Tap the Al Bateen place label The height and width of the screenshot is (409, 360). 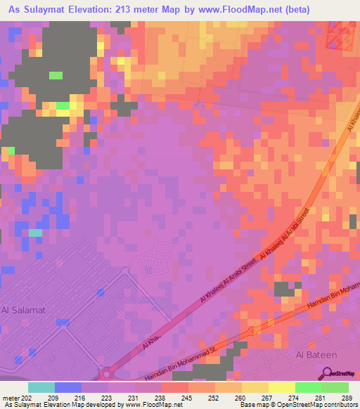[316, 355]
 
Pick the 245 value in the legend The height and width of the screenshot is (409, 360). [187, 397]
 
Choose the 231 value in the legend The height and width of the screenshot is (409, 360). [135, 397]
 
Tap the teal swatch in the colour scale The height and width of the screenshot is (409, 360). [41, 387]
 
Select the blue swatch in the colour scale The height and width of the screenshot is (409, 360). [67, 387]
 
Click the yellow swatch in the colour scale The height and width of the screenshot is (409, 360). [282, 387]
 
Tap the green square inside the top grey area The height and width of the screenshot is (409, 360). [56, 75]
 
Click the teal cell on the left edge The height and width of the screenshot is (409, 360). [35, 233]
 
